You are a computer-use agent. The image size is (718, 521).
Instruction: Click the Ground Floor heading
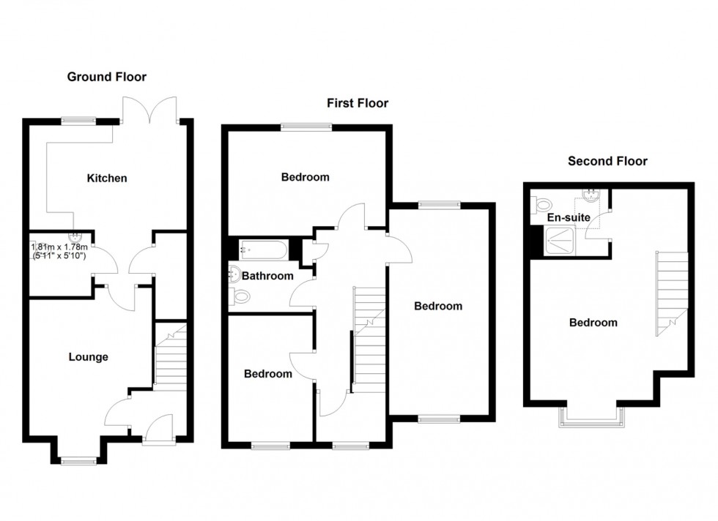click(106, 77)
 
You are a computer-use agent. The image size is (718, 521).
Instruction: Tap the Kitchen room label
click(107, 178)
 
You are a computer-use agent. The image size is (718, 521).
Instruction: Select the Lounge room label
click(88, 357)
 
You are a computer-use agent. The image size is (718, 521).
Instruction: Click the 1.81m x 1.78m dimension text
click(59, 251)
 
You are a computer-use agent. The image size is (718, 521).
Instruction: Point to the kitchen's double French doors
click(150, 110)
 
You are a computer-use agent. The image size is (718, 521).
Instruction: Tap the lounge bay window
click(78, 460)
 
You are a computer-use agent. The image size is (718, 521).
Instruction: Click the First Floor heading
click(358, 103)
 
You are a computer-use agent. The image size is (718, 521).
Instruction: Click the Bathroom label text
click(267, 276)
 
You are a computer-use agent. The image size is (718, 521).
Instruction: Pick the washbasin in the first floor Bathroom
click(234, 274)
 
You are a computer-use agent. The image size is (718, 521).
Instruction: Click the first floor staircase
click(369, 337)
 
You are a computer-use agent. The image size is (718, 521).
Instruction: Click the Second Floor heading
click(607, 161)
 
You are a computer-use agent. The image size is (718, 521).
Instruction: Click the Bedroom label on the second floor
click(593, 322)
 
